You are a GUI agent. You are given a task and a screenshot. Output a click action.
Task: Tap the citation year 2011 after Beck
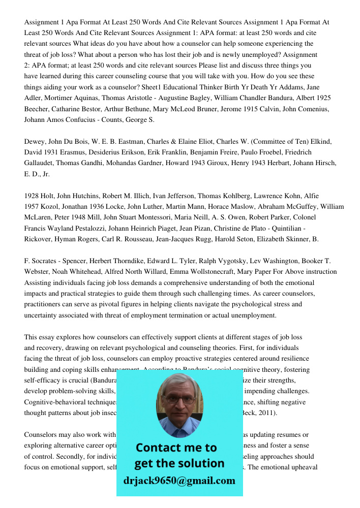(x=267, y=412)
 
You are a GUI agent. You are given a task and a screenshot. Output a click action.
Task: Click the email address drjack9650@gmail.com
(x=179, y=481)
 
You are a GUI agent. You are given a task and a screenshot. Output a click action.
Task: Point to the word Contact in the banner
(x=157, y=448)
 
